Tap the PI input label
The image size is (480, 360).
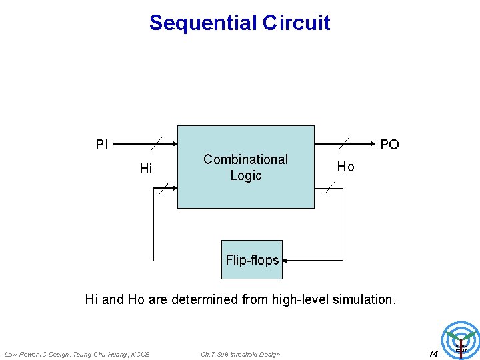tap(102, 145)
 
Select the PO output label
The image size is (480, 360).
tap(389, 145)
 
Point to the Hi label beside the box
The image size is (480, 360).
tap(146, 169)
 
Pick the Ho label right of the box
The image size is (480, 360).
tap(345, 167)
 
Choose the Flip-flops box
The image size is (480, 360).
tap(252, 260)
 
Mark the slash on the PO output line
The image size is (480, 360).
tap(344, 143)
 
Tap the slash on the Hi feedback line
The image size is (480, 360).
tap(165, 187)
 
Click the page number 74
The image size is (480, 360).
tap(433, 353)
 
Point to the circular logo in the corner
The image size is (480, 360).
tap(461, 341)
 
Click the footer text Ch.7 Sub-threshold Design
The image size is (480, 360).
tap(240, 354)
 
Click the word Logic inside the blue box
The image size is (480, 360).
tap(245, 175)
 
